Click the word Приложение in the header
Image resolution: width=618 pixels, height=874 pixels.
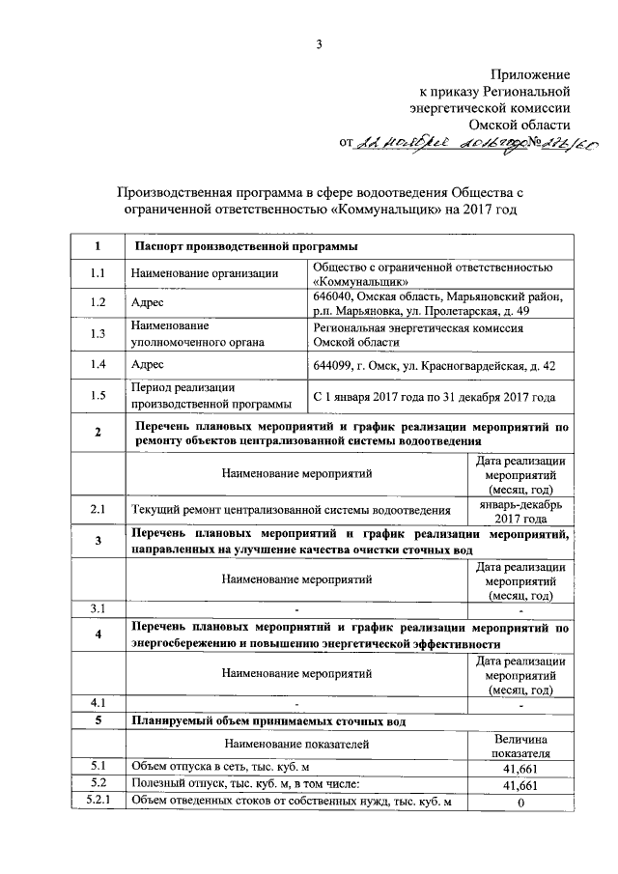[531, 73]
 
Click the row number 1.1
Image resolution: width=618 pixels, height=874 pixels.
[98, 273]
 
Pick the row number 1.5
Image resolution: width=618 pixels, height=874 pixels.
[98, 395]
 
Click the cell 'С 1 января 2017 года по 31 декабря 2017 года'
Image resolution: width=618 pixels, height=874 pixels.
[434, 396]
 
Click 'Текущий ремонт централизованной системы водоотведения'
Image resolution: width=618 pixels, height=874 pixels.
[291, 510]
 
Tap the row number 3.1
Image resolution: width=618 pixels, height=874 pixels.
[98, 607]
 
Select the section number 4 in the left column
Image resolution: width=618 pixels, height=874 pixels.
[98, 634]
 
